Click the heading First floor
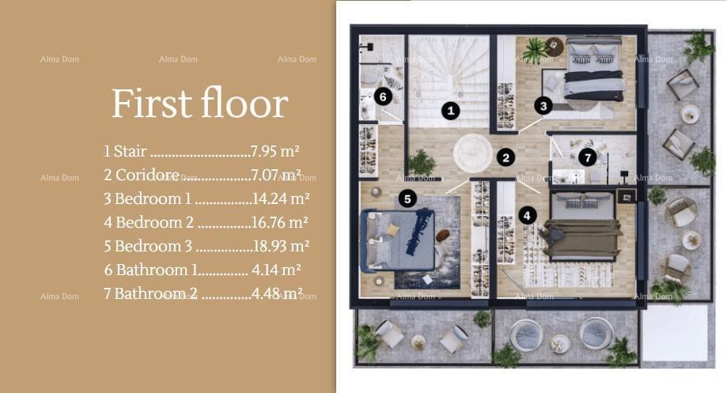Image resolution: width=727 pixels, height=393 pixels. point(199,104)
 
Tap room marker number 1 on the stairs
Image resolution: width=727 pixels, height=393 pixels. point(450,111)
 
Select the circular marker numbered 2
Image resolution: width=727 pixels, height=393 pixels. point(505,157)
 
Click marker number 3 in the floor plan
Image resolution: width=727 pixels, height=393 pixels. point(542,104)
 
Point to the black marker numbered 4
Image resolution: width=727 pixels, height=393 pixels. point(528,214)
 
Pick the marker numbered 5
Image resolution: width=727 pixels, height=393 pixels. point(407,198)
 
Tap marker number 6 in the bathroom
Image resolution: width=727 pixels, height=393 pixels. point(382,96)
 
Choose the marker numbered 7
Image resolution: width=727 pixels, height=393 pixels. point(586,157)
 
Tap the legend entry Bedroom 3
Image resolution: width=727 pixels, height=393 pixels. point(153,246)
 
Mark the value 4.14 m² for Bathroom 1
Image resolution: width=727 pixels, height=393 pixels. point(276,270)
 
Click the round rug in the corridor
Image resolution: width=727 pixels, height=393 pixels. point(472,152)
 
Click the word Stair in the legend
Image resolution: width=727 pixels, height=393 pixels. point(130,151)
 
